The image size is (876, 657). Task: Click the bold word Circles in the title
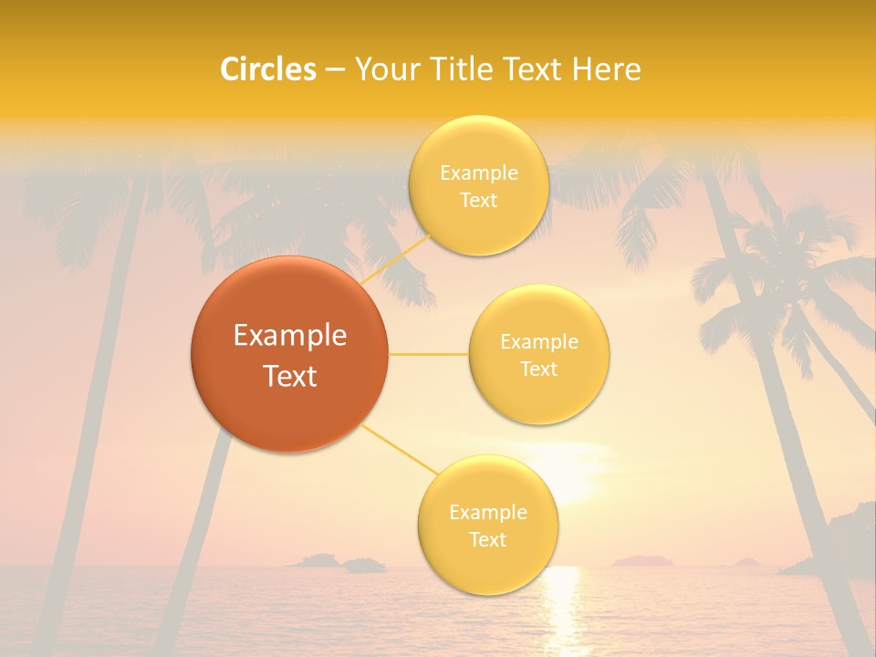pos(268,69)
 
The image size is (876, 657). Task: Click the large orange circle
pos(289,354)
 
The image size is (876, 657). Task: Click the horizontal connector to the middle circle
pos(428,354)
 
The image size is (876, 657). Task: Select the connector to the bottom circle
pos(400,451)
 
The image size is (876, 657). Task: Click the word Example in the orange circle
pos(290,336)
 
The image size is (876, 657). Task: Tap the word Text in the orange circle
pos(290,376)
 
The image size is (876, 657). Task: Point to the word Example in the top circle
pos(478,173)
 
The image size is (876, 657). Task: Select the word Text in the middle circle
pos(538,369)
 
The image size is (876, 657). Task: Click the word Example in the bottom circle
pos(487,513)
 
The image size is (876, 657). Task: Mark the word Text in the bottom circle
pos(487,539)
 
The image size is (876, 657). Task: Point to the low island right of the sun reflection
pos(642,561)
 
